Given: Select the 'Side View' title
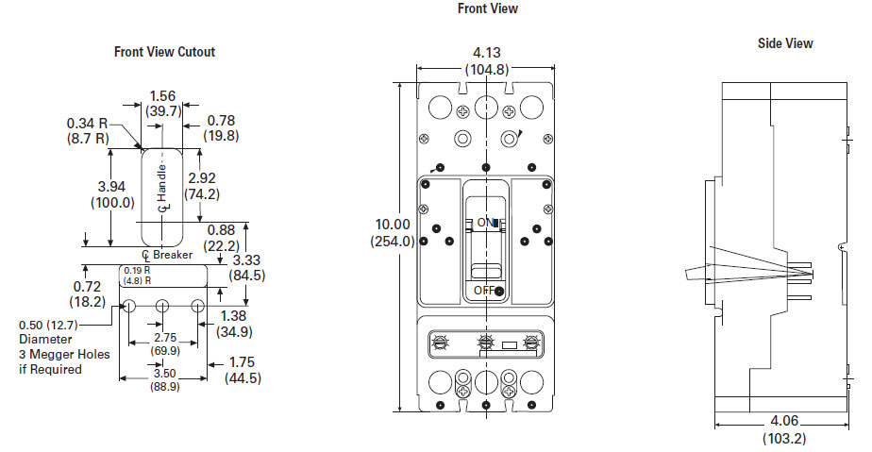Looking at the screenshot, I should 785,43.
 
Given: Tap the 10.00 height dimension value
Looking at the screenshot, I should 394,224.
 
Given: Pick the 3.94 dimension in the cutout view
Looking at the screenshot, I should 112,185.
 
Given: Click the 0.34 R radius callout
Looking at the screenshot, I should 89,123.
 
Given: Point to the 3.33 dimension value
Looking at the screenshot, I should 247,259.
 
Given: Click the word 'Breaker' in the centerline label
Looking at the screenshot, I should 173,255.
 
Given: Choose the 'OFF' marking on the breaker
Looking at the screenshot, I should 484,290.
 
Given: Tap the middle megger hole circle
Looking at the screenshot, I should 163,306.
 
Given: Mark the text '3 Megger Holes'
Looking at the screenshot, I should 63,354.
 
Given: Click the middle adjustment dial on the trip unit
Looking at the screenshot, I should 486,342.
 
